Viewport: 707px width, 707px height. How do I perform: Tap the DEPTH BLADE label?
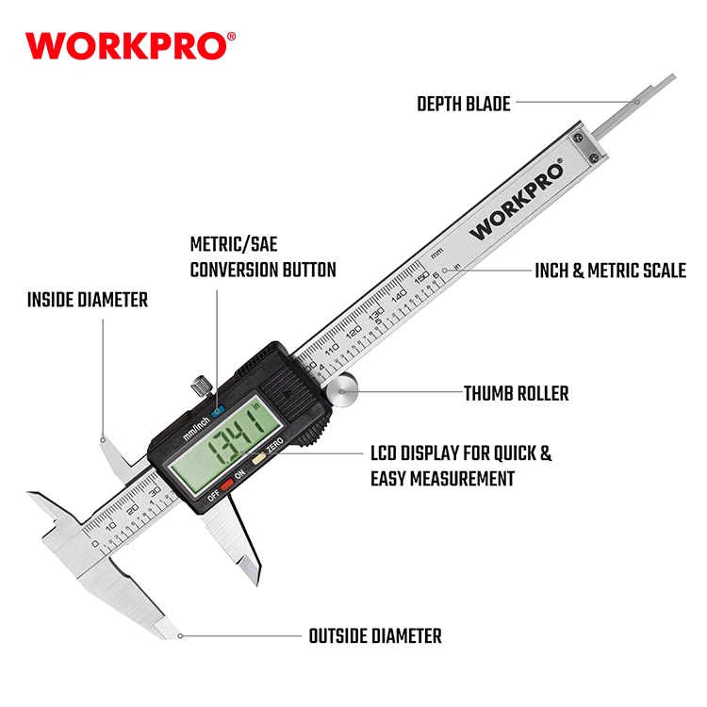point(464,104)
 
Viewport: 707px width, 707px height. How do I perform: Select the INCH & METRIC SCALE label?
point(610,271)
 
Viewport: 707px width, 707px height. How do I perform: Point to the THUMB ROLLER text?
point(517,393)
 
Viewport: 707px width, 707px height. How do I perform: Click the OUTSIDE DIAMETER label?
point(375,636)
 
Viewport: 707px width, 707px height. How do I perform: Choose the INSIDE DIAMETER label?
point(88,300)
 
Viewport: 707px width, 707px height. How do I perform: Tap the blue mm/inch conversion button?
point(218,411)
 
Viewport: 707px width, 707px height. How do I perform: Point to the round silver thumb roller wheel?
point(342,390)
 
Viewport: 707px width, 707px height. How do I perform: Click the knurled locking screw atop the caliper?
point(201,386)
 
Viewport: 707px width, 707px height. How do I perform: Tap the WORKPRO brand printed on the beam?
point(517,201)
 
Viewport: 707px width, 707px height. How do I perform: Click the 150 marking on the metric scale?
point(421,278)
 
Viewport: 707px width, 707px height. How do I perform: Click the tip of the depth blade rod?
point(674,76)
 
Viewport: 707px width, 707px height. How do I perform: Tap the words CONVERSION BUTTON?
point(263,270)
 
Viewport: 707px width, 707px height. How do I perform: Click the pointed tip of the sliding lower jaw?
point(259,584)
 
